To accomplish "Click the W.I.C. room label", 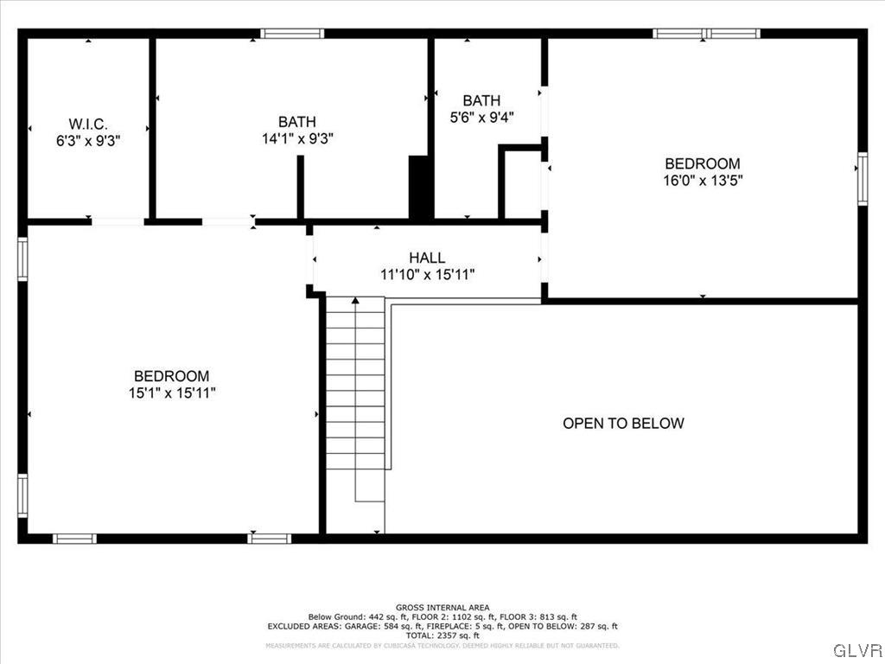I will [x=88, y=124].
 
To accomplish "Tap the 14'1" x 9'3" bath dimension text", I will [x=297, y=138].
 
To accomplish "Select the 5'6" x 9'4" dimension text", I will [x=481, y=117].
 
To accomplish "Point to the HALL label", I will [x=427, y=258].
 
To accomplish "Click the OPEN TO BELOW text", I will [x=623, y=423].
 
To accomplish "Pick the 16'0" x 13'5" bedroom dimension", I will [x=702, y=180].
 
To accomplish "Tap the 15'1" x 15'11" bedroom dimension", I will [x=171, y=393].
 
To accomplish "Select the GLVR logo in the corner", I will [x=857, y=649].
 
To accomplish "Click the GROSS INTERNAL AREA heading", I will [x=442, y=608].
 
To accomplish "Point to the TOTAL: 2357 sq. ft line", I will [x=442, y=635].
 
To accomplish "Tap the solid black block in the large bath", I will [x=419, y=188].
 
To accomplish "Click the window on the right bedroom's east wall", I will [x=862, y=179].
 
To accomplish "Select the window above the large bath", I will [x=292, y=34].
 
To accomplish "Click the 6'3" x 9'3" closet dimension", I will [x=88, y=140].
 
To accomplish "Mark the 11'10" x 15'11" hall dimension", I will [x=427, y=274].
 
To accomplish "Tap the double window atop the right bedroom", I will [x=706, y=34].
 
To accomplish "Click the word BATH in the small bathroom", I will [x=481, y=100].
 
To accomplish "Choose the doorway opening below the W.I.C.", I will [x=118, y=222].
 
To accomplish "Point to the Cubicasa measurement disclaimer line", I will [x=442, y=646].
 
